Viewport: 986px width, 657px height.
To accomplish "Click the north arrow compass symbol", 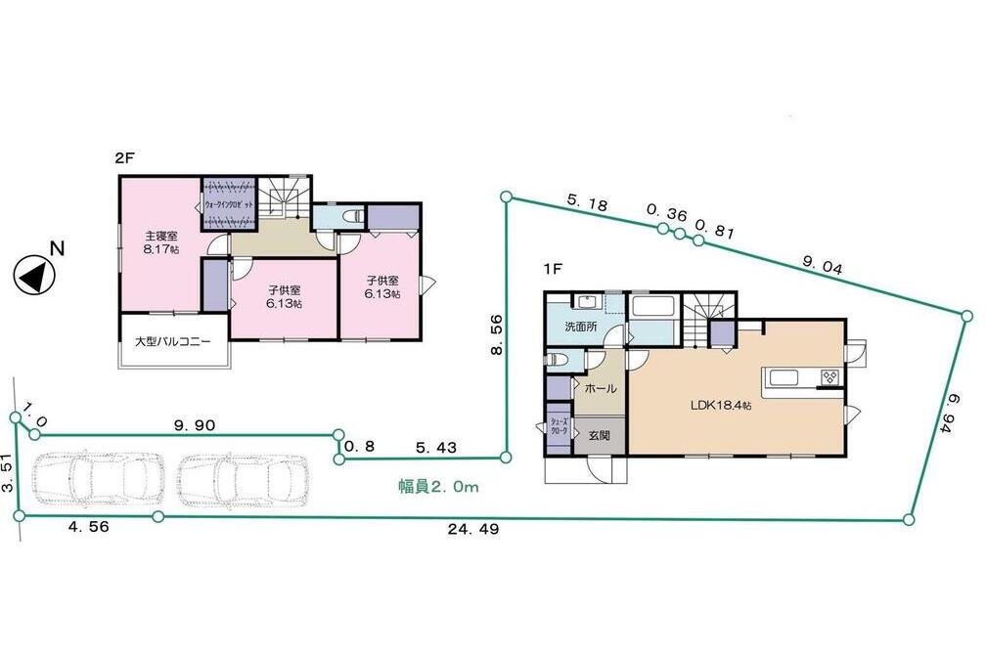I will point(34,275).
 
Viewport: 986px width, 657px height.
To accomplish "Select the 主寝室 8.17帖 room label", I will point(161,242).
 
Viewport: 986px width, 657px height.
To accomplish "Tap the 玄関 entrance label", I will point(599,435).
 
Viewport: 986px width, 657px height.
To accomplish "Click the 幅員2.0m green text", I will point(437,485).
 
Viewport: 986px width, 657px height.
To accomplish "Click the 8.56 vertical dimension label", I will point(497,335).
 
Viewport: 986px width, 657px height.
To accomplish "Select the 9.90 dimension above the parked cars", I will point(194,424).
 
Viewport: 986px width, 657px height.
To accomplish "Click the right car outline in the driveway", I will point(241,480).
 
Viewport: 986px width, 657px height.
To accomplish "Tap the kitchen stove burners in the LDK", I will point(829,377).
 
